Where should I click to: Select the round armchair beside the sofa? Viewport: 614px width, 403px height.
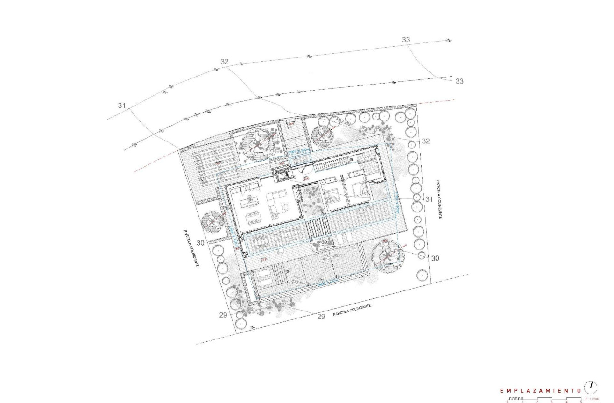[287, 208]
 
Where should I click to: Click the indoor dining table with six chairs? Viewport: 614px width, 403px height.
[255, 218]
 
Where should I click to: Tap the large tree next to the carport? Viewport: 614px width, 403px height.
[257, 144]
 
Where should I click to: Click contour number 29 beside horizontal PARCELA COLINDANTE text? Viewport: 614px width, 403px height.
[321, 317]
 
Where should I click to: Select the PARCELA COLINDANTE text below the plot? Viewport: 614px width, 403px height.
[352, 311]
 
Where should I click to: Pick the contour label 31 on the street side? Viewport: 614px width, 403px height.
[122, 106]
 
